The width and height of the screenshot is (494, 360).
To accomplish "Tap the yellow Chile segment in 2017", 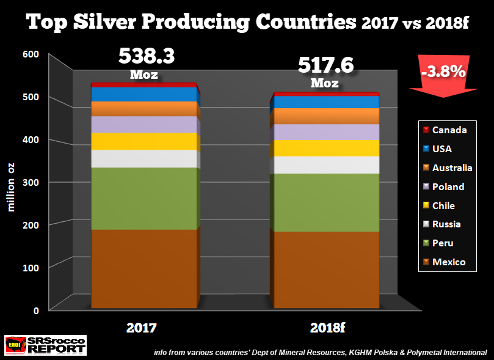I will (145, 141).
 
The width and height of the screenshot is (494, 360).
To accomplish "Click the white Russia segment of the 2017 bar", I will (145, 158).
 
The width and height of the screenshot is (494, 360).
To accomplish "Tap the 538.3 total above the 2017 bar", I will (147, 56).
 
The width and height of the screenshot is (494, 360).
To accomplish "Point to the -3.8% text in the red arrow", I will (442, 72).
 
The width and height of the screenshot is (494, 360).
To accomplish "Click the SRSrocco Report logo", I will (45, 345).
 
